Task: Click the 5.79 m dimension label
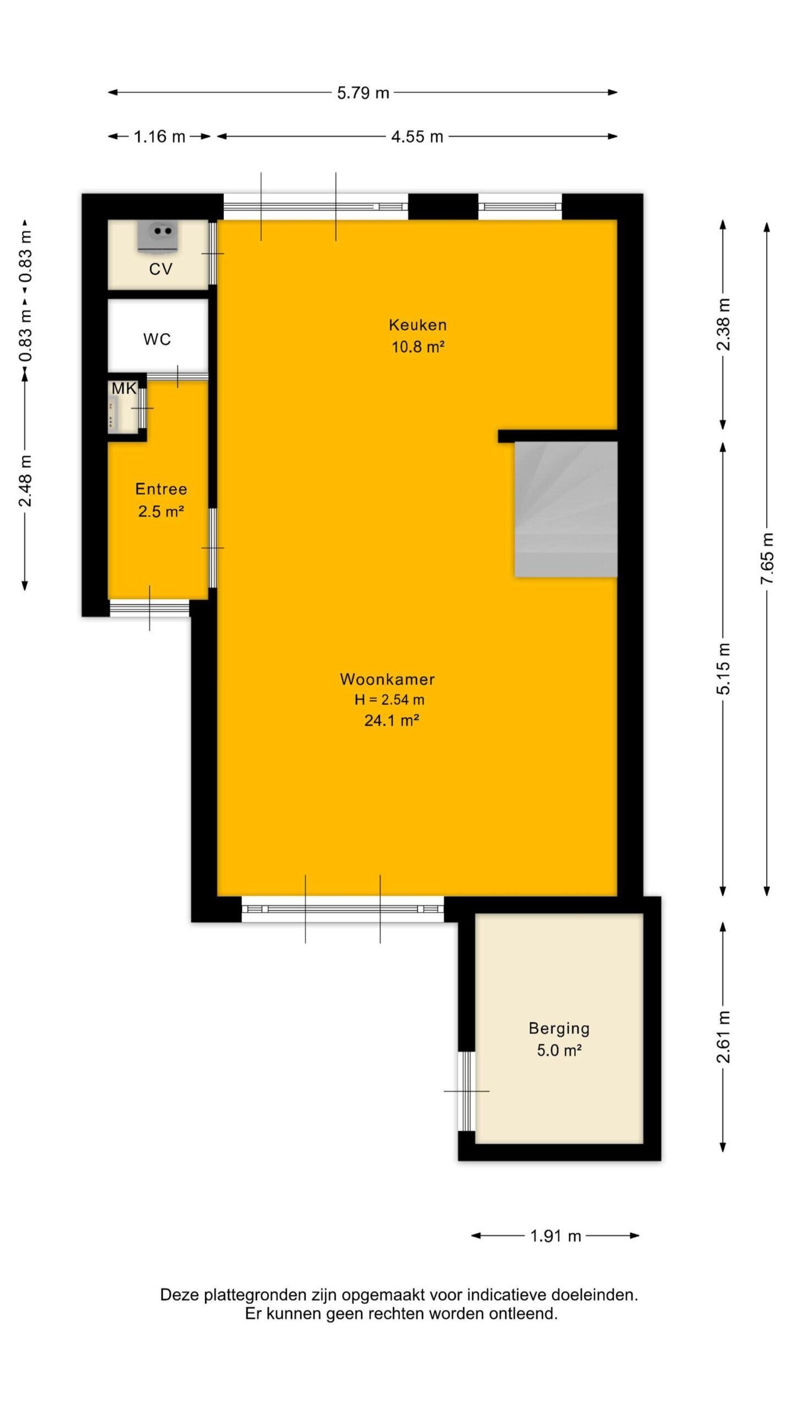(x=363, y=93)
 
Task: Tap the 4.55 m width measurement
(x=417, y=136)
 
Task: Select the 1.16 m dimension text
(x=159, y=136)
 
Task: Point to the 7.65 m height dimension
(x=767, y=559)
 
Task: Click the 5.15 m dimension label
(x=723, y=668)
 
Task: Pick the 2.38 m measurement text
(x=723, y=324)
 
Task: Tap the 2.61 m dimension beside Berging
(x=723, y=1036)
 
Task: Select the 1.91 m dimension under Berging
(x=555, y=1236)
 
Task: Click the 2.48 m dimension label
(x=25, y=480)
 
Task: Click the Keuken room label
(x=417, y=325)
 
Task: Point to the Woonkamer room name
(x=387, y=679)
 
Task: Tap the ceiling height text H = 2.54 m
(x=389, y=700)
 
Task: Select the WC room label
(x=157, y=339)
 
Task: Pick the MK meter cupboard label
(x=124, y=389)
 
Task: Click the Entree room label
(x=161, y=489)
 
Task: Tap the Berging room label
(x=559, y=1028)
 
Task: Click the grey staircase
(x=566, y=509)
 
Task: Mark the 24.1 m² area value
(x=392, y=720)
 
